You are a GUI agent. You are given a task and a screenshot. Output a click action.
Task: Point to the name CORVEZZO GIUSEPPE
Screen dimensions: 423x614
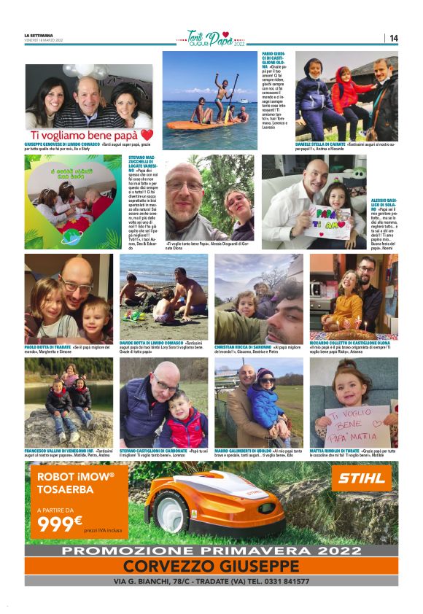211,567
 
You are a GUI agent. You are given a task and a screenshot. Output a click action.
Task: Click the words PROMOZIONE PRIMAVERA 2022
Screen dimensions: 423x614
211,551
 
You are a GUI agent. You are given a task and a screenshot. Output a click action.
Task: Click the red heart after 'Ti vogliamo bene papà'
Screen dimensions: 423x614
147,135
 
